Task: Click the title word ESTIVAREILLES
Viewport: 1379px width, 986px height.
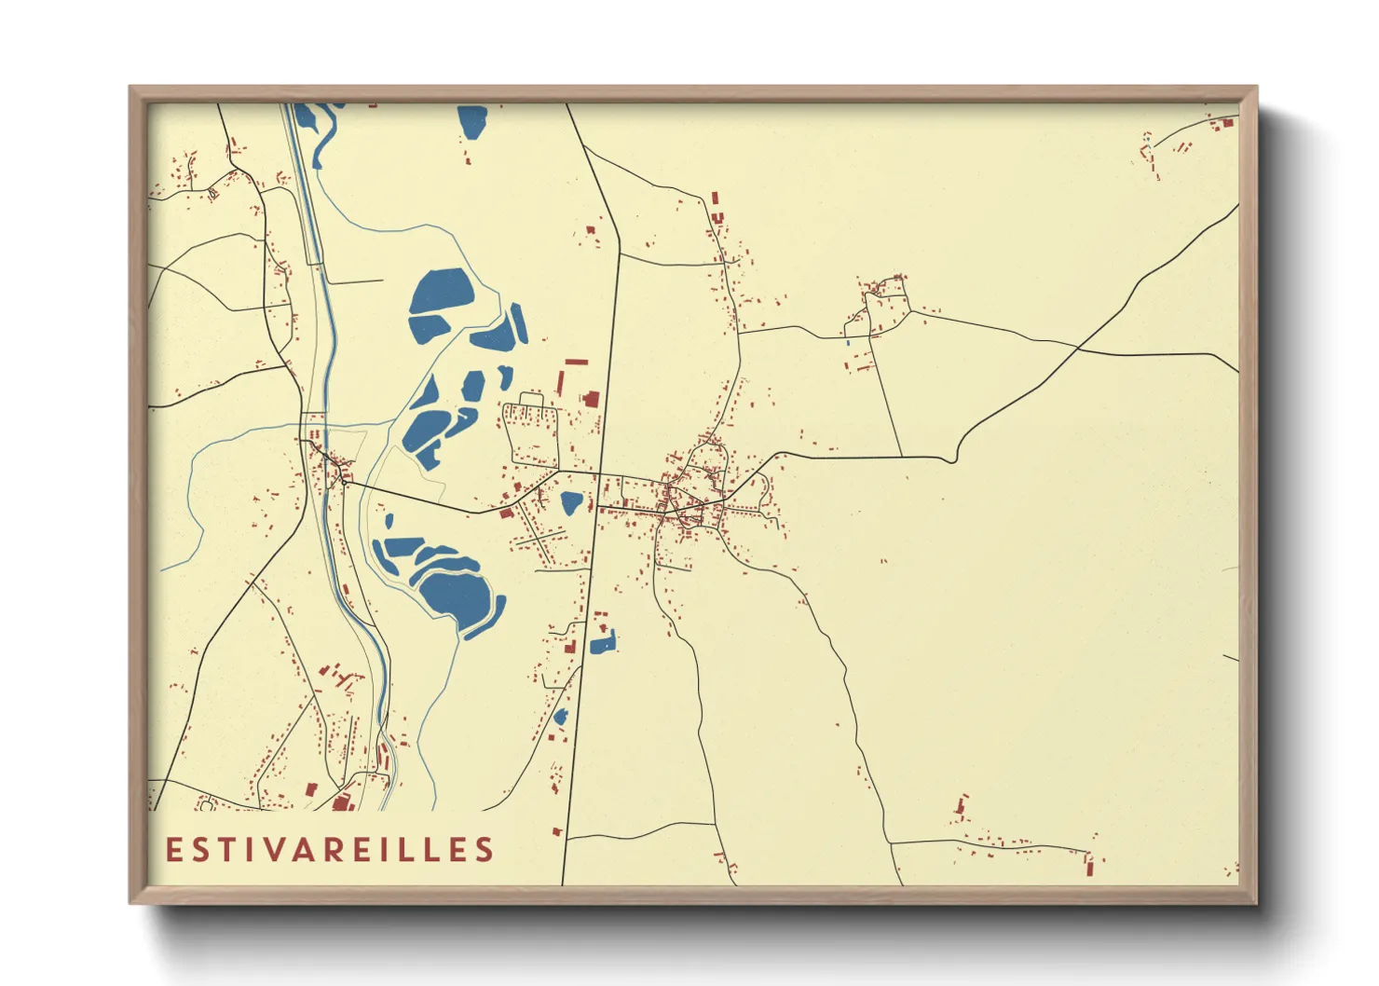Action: coord(330,850)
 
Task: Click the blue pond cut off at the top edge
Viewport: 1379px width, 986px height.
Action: coord(472,120)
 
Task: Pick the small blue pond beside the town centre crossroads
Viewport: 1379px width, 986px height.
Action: coord(571,503)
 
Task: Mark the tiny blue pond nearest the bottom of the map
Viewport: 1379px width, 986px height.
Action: coord(561,717)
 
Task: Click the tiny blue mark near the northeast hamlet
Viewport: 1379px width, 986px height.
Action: coord(848,343)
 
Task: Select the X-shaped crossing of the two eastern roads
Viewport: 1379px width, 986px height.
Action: coord(1078,349)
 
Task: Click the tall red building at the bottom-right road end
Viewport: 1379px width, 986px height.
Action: coord(1090,865)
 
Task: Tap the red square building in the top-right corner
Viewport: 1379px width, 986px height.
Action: coord(1227,122)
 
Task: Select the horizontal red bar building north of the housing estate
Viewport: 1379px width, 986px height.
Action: coord(577,361)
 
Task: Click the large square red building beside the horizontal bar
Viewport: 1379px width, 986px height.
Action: coord(590,398)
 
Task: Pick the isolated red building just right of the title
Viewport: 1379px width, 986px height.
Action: coord(556,831)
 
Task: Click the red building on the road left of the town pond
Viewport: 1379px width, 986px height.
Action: coord(507,513)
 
